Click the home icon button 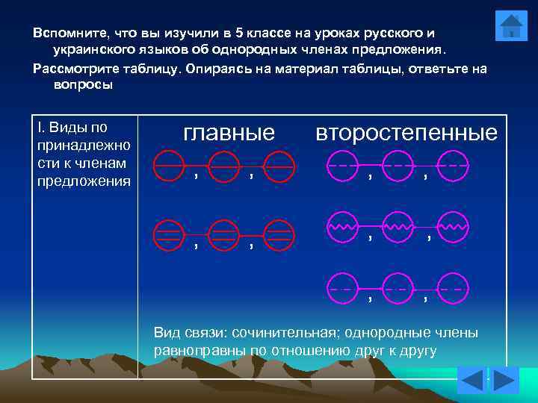coord(511,26)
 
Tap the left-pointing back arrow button coord(471,381)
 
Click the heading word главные coord(229,133)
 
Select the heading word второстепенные coord(406,133)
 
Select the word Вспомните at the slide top coord(69,34)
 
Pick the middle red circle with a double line coord(223,234)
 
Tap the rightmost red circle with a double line coord(279,234)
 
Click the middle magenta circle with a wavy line coord(398,226)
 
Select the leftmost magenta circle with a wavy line coord(342,226)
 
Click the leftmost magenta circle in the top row coord(342,166)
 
